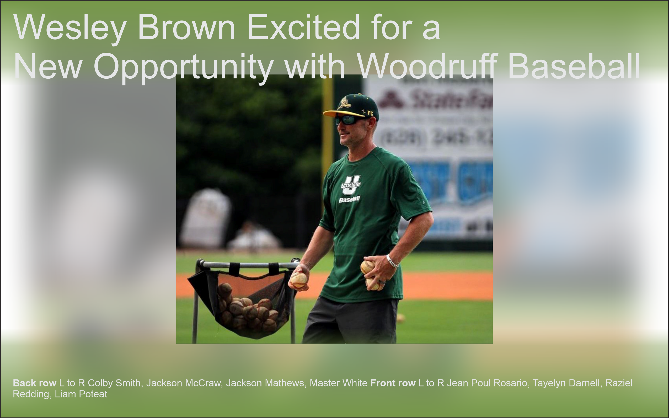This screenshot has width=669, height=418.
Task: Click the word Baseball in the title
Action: pos(574,66)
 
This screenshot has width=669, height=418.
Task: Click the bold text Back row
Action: pos(35,383)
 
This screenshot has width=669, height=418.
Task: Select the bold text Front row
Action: pos(393,383)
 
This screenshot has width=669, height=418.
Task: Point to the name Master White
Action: pos(338,383)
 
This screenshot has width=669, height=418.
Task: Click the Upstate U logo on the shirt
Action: pos(351,185)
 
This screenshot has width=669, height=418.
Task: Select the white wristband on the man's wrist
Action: pos(392,261)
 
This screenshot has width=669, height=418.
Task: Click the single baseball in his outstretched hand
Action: pos(298,280)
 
